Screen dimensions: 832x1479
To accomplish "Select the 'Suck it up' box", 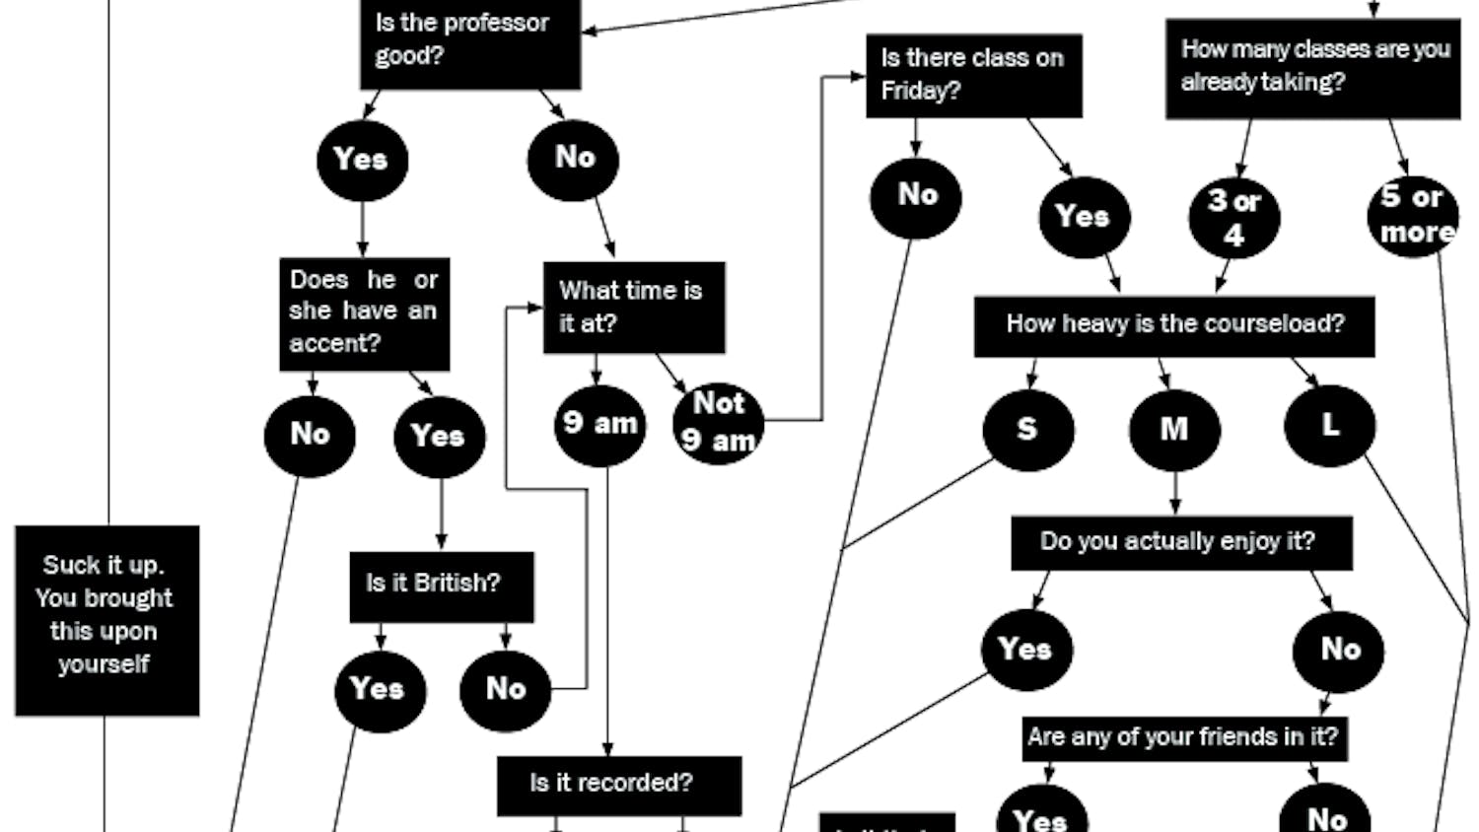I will pyautogui.click(x=106, y=619).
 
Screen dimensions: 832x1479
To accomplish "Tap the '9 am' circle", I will pyautogui.click(x=599, y=425).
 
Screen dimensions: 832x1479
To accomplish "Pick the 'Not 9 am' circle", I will pyautogui.click(x=719, y=423).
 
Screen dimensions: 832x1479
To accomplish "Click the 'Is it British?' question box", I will pyautogui.click(x=441, y=586).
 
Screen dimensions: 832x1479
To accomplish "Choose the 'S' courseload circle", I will pyautogui.click(x=1027, y=430).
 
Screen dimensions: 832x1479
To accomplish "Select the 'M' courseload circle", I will pyautogui.click(x=1174, y=430).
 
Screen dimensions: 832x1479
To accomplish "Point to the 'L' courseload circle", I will pyautogui.click(x=1329, y=426).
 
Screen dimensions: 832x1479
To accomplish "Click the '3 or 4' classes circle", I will pyautogui.click(x=1234, y=218).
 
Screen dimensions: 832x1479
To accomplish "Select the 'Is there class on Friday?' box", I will pyautogui.click(x=973, y=76).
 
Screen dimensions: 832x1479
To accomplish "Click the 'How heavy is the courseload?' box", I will pyautogui.click(x=1173, y=325).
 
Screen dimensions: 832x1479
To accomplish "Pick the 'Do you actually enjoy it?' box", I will pyautogui.click(x=1180, y=542).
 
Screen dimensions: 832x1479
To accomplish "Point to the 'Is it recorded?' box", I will pyautogui.click(x=618, y=785).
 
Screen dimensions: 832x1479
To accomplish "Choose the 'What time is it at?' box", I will pyautogui.click(x=633, y=307).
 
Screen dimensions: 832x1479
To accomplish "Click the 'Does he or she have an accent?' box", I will pyautogui.click(x=364, y=313).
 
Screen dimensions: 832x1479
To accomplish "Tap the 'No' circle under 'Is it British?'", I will pyautogui.click(x=505, y=690).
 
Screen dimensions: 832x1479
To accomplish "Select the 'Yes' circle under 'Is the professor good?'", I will pyautogui.click(x=362, y=160).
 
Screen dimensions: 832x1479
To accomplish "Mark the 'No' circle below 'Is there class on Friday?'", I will pyautogui.click(x=916, y=196).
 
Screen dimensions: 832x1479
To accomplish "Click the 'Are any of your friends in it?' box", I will pyautogui.click(x=1184, y=738).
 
